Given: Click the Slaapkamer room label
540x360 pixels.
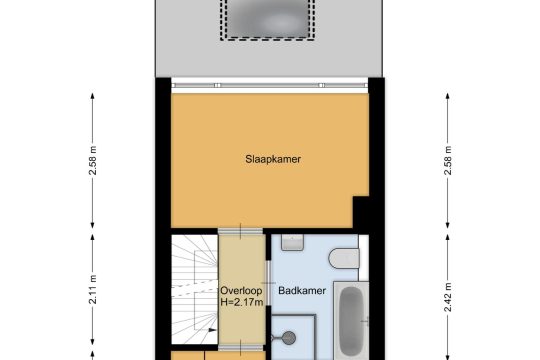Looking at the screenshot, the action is tap(273, 159).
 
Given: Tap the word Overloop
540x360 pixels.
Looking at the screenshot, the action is tap(241, 290).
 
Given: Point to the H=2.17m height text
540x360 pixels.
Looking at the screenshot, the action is tap(242, 302).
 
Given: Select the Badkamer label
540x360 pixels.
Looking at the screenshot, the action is tap(302, 291).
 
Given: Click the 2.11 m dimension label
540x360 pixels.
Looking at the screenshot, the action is tap(93, 290).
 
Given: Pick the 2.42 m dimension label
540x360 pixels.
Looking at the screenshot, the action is tap(447, 297).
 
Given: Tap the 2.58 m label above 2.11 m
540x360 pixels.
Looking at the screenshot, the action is tap(93, 160).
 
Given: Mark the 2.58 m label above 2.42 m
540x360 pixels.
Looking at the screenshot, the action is tap(447, 160).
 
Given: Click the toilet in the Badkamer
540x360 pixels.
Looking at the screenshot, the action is tap(344, 258).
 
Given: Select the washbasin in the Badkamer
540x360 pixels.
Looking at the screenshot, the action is tap(292, 242).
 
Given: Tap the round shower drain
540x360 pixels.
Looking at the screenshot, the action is tap(289, 338).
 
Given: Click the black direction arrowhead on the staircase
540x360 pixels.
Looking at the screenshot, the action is tap(212, 330).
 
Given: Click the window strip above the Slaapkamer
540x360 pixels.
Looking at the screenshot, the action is tap(270, 85).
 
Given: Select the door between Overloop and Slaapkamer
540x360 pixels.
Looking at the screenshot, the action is tap(240, 231).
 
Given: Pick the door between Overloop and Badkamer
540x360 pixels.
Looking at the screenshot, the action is tap(268, 283).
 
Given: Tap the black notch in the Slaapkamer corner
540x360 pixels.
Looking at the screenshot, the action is tap(361, 212).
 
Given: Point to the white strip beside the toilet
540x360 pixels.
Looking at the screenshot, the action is tap(364, 258).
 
